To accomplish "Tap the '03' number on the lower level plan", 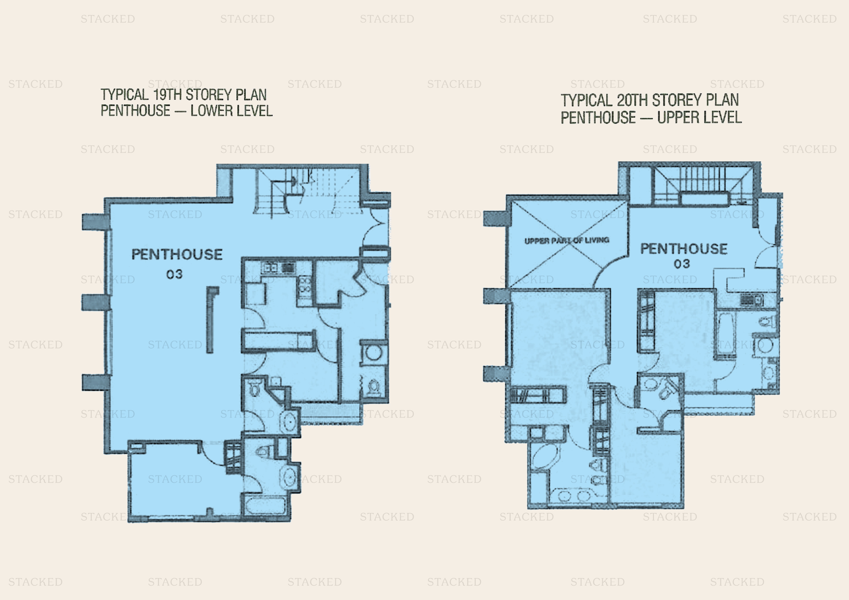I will tap(174, 274).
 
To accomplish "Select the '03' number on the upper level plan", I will tap(682, 264).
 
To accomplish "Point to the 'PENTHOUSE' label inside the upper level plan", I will tap(684, 249).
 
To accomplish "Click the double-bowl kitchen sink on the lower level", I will tap(270, 267).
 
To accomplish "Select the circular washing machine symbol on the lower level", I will tap(373, 353).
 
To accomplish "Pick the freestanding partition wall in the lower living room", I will tap(210, 320).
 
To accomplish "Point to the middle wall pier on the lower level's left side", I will tap(95, 302).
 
